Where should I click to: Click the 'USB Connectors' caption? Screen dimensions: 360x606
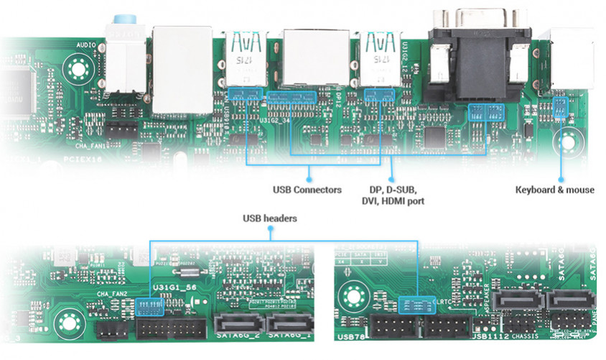pyautogui.click(x=307, y=190)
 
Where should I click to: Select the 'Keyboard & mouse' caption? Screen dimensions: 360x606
pyautogui.click(x=554, y=190)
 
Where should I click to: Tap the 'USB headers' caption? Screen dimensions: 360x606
pyautogui.click(x=269, y=218)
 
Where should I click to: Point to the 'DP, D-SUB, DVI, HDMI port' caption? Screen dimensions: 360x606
pyautogui.click(x=392, y=195)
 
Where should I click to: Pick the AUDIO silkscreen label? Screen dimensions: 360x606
pyautogui.click(x=86, y=45)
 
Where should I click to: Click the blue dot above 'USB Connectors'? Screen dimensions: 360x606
pyautogui.click(x=309, y=175)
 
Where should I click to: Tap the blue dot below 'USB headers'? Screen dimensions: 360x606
pyautogui.click(x=269, y=231)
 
